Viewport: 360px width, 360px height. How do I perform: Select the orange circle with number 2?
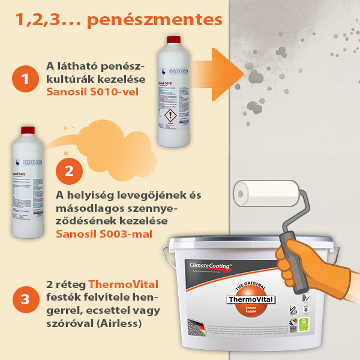point(68,171)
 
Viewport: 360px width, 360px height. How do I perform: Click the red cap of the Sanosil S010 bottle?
point(173,40)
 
